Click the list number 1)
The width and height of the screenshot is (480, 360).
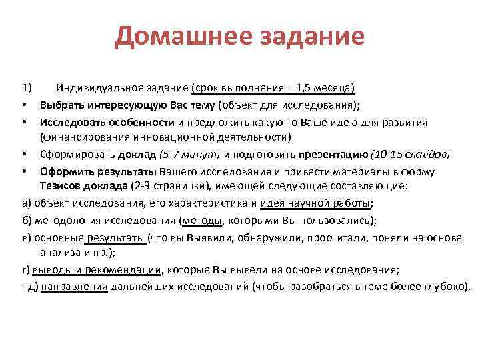point(26,88)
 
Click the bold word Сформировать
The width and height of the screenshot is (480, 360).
point(73,155)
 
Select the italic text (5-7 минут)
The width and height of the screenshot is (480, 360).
point(189,155)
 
